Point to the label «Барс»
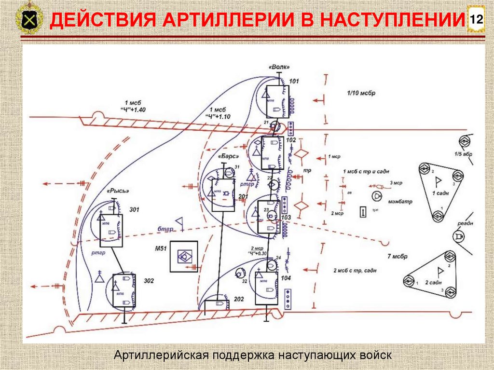pyautogui.click(x=227, y=157)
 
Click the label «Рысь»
pyautogui.click(x=118, y=191)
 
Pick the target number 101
pyautogui.click(x=294, y=82)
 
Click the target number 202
pyautogui.click(x=239, y=299)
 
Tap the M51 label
pyautogui.click(x=161, y=248)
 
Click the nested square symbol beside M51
pyautogui.click(x=183, y=256)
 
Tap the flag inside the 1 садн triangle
pyautogui.click(x=439, y=181)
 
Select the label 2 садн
pyautogui.click(x=434, y=282)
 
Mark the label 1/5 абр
pyautogui.click(x=464, y=154)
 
